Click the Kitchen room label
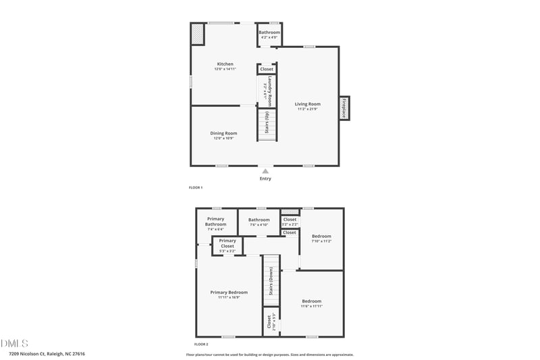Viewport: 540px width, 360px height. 225,64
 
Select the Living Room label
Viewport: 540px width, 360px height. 307,105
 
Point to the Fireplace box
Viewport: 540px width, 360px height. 344,108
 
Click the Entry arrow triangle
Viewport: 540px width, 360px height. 265,172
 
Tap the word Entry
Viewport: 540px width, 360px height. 265,179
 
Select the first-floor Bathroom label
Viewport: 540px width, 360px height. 269,32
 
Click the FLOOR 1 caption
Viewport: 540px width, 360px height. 196,187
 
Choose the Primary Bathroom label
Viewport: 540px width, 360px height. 216,222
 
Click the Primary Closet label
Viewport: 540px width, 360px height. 227,243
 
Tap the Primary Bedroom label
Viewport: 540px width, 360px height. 229,292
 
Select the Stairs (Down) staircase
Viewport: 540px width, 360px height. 271,282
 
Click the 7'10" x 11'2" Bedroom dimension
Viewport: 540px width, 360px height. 321,241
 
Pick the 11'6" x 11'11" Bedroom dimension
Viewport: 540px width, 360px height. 312,307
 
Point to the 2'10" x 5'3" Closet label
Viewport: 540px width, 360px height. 271,322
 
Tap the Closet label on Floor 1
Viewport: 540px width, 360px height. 267,69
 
